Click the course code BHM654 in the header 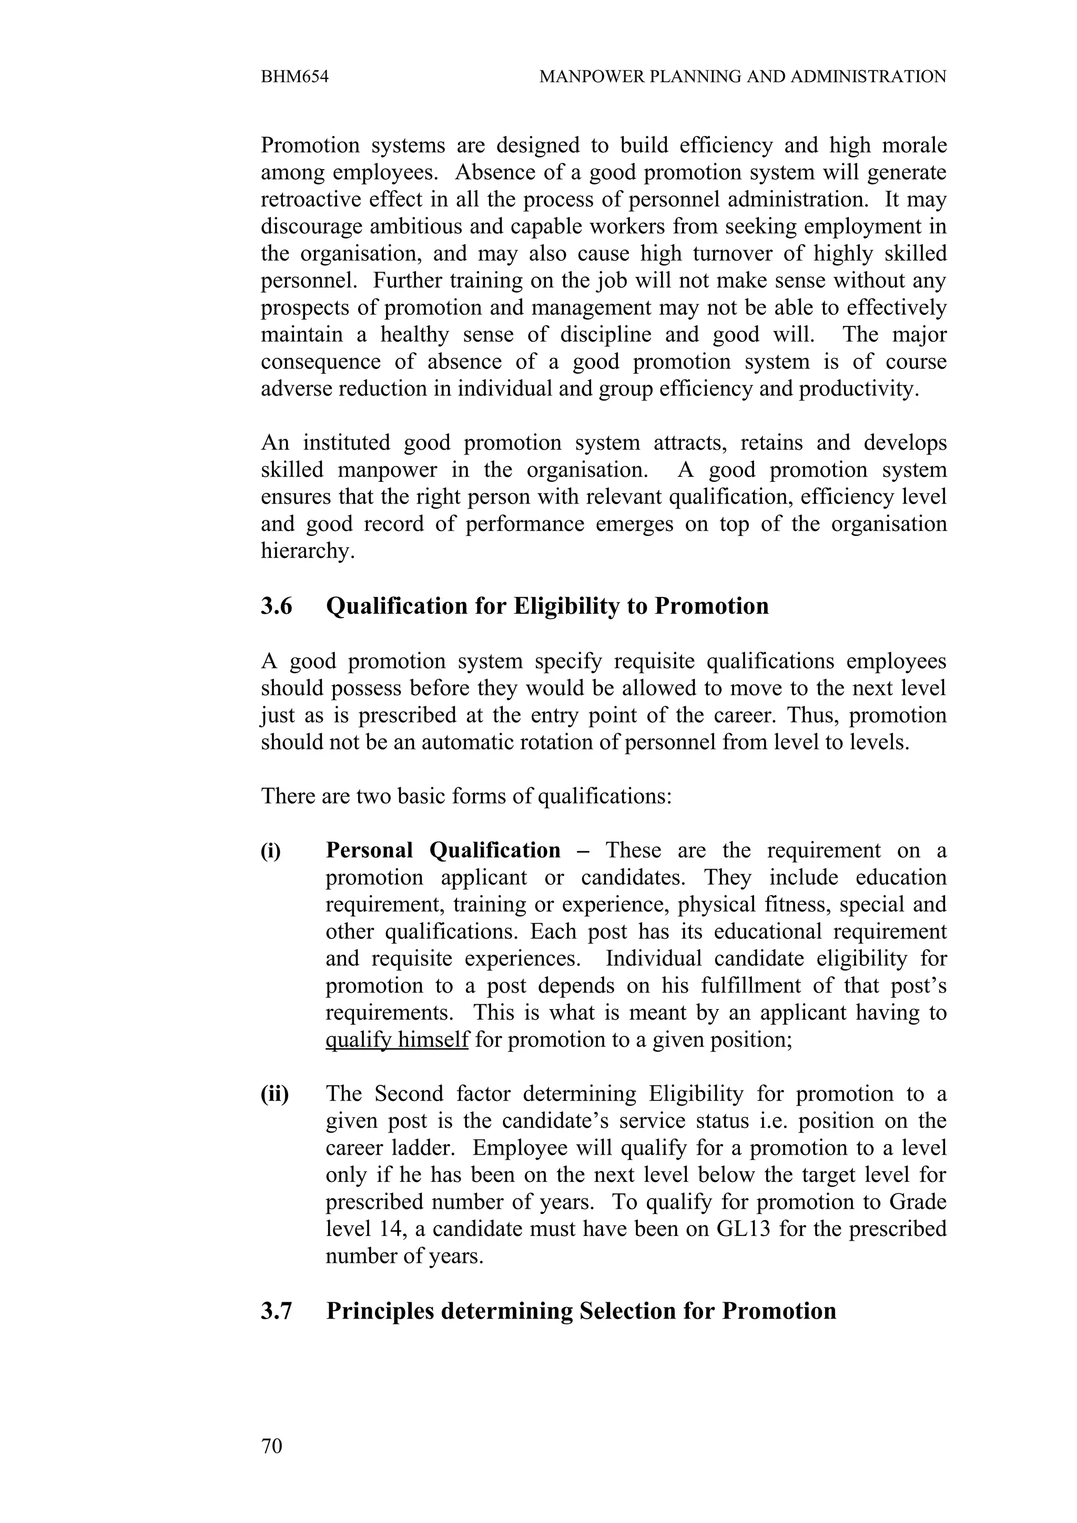point(294,77)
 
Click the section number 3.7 point(276,1311)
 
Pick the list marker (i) point(271,850)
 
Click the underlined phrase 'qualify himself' point(397,1040)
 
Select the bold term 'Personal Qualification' point(443,850)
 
